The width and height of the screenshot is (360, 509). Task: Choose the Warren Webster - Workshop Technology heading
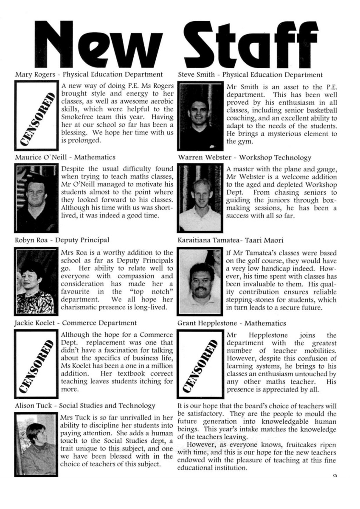[x=245, y=158]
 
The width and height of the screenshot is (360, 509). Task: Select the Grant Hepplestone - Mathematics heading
[x=231, y=323]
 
